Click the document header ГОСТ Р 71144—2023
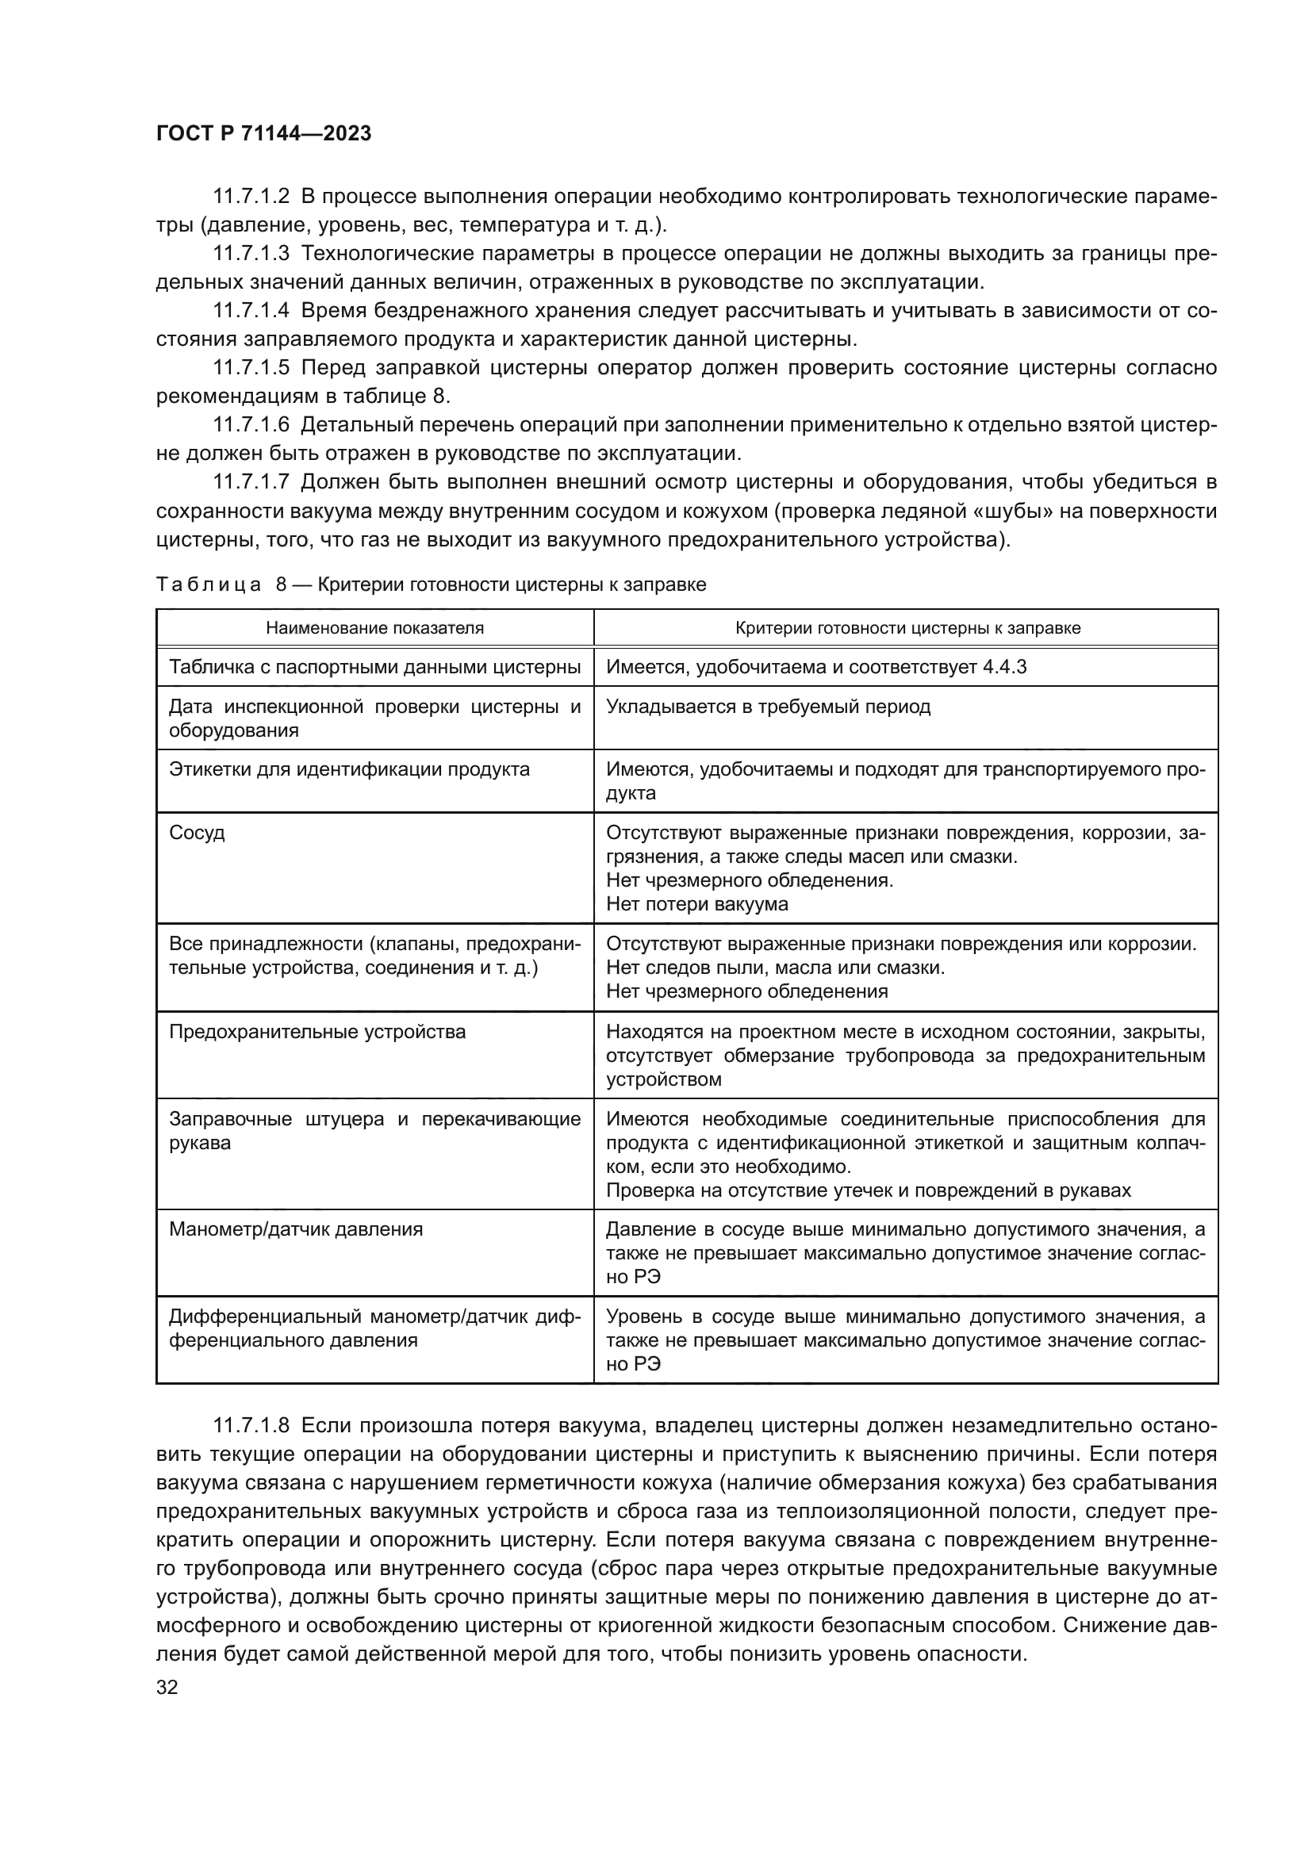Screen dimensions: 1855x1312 pos(263,134)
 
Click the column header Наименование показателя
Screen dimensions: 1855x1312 pos(375,628)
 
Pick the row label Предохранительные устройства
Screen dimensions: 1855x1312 pos(316,1032)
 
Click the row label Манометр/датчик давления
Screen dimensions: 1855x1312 pos(296,1228)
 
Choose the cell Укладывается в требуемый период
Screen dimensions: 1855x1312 pos(769,706)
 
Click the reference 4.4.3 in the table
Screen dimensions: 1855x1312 pos(1004,667)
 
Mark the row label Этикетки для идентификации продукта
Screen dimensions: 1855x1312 pos(349,769)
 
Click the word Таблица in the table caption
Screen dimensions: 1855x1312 pos(209,584)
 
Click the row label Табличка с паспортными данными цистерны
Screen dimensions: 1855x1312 pos(375,667)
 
